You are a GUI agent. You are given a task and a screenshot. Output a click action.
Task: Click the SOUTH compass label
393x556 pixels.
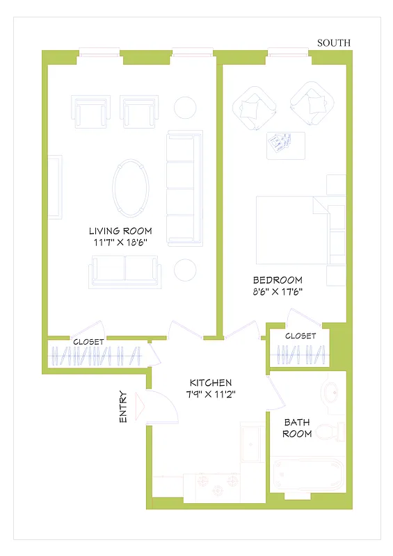[334, 43]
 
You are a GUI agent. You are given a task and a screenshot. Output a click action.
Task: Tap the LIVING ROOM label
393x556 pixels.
[120, 231]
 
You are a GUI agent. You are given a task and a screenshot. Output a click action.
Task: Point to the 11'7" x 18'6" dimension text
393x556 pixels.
[120, 243]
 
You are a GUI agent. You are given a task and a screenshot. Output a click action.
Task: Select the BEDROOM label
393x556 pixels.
[278, 280]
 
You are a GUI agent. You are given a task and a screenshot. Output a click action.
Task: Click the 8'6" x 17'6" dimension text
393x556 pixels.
[278, 292]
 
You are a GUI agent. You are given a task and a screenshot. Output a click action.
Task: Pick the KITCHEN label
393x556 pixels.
[211, 383]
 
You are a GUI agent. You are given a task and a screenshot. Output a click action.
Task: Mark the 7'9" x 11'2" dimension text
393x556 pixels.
[211, 394]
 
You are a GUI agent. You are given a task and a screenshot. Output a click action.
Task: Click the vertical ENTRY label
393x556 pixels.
[123, 406]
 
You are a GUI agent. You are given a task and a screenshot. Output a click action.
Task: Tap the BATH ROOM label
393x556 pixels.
[297, 427]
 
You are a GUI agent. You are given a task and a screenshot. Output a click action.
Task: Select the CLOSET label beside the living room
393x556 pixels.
[88, 342]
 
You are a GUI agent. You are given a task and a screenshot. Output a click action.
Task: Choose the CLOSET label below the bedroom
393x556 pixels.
[300, 336]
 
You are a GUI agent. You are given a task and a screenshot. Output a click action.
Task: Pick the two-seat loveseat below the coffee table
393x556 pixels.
[124, 270]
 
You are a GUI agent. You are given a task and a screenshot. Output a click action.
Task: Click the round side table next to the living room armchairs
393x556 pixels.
[186, 108]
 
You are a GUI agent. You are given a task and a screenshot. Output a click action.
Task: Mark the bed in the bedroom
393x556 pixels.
[292, 229]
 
